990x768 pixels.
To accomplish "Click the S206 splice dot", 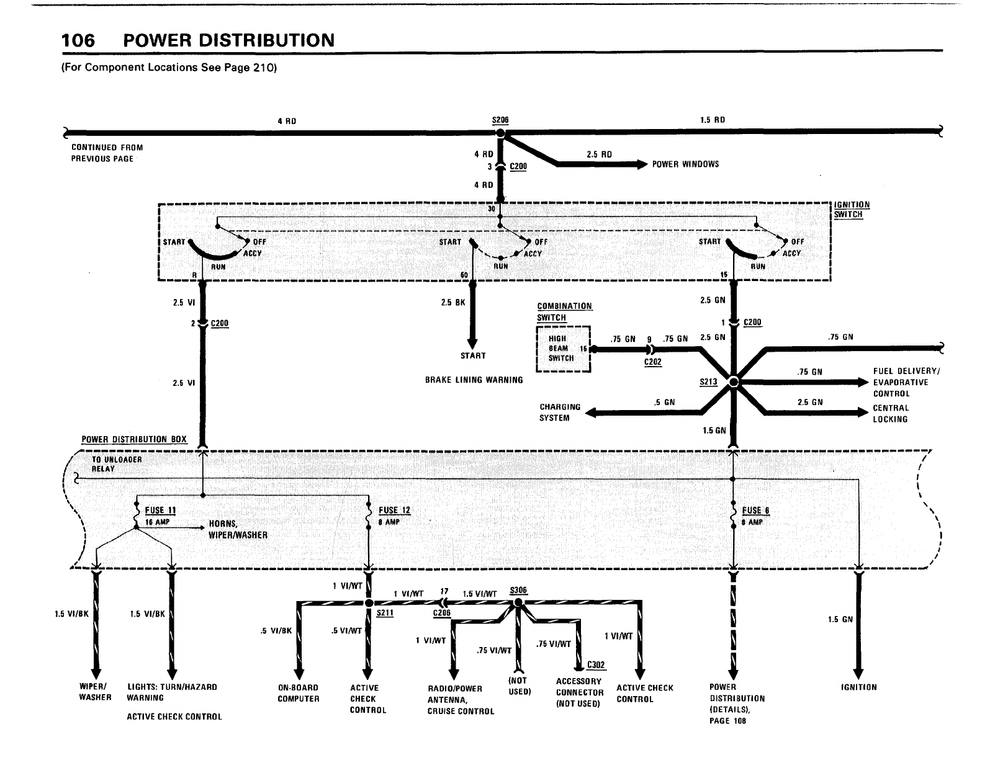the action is (x=500, y=133).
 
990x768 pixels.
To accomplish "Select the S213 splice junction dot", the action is (x=734, y=382).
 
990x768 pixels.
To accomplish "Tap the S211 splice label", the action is (x=385, y=613).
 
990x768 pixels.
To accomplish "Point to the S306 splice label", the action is (x=518, y=590).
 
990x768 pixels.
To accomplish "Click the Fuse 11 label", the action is (x=160, y=511).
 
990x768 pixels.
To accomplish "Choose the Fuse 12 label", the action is (x=395, y=511).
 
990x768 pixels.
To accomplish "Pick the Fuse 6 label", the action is (x=755, y=511).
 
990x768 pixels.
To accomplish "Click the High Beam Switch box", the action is (x=563, y=349).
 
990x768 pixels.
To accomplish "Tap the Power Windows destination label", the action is (x=685, y=164).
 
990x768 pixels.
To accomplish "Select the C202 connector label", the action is (x=652, y=362).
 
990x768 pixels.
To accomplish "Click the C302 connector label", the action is (x=595, y=664).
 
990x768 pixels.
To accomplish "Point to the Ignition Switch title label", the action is (x=852, y=210).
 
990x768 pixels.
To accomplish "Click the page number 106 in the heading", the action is (x=78, y=40).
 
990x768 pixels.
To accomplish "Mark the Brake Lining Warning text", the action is (x=474, y=380).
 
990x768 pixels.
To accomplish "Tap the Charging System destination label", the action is (x=560, y=412).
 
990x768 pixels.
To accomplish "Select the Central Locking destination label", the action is (x=891, y=413).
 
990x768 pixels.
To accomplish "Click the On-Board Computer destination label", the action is (x=299, y=693).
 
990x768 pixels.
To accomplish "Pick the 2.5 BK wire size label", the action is (x=453, y=302).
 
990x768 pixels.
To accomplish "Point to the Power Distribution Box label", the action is (x=134, y=439).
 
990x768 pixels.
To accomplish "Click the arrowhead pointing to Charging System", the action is (x=590, y=413).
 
